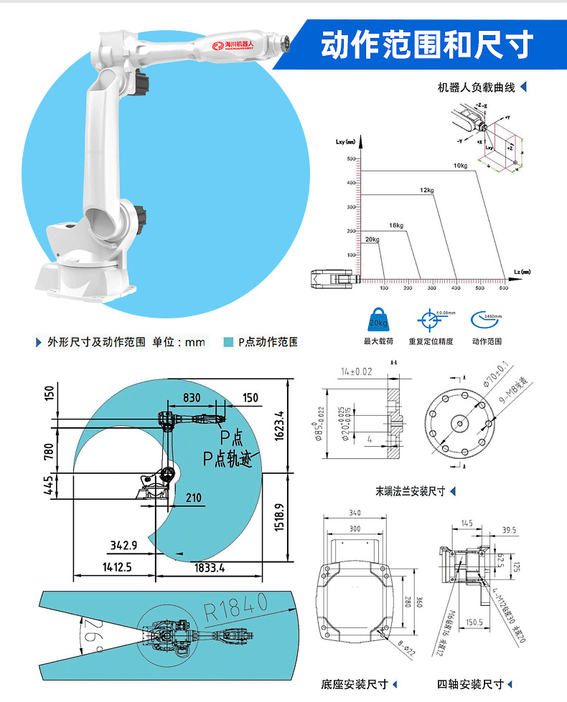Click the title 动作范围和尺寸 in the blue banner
426,45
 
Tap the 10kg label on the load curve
460,166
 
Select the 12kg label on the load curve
427,190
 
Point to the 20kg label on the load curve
371,238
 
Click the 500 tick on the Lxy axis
351,158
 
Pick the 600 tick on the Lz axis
503,288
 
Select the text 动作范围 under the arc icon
487,341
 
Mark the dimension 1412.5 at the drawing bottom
116,567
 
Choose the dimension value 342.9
123,546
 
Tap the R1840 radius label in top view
235,608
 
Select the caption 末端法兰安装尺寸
410,491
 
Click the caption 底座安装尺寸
354,684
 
